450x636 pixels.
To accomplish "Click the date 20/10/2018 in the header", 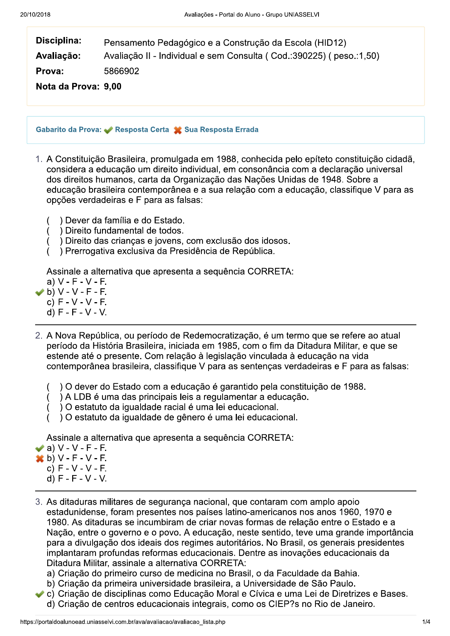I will tap(35, 15).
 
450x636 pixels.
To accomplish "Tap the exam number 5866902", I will tap(121, 71).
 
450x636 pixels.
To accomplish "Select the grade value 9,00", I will tap(113, 86).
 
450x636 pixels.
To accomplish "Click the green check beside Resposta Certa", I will tap(108, 130).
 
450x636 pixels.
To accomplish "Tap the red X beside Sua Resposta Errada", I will tap(178, 130).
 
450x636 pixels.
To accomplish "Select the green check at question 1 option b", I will tap(39, 292).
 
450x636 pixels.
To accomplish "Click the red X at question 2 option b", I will tap(39, 458).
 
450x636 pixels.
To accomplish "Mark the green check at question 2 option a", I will tap(39, 448).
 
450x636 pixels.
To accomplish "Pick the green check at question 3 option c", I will tap(39, 594).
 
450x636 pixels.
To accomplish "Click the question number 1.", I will tap(39, 159).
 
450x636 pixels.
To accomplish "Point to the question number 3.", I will tap(39, 502).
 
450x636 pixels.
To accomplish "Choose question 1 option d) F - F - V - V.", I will tap(77, 312).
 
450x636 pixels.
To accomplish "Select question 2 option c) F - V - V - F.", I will tap(77, 468).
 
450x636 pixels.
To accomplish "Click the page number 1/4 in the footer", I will tap(426, 622).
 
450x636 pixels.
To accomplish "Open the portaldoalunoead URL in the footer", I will tap(123, 622).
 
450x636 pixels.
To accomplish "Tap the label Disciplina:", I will tap(59, 40).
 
